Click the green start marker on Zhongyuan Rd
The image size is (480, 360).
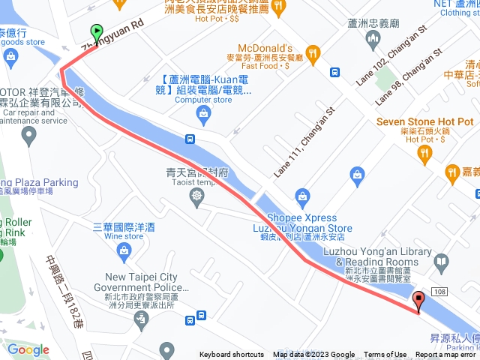pyautogui.click(x=97, y=32)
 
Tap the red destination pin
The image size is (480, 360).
pyautogui.click(x=418, y=301)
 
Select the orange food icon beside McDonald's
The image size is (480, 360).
pyautogui.click(x=313, y=53)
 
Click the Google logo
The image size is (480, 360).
pyautogui.click(x=28, y=349)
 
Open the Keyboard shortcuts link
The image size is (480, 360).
pyautogui.click(x=231, y=355)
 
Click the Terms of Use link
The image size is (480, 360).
pyautogui.click(x=385, y=355)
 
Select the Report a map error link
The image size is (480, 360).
pyautogui.click(x=445, y=355)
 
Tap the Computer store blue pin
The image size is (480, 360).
pyautogui.click(x=202, y=112)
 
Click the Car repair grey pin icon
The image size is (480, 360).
pyautogui.click(x=28, y=136)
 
